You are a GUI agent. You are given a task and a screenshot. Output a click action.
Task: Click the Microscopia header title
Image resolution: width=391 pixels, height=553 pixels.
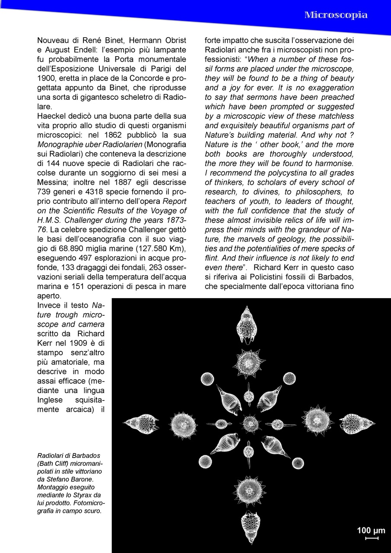coord(336,15)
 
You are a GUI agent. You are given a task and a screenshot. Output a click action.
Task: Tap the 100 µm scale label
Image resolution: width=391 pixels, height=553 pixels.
coord(371,530)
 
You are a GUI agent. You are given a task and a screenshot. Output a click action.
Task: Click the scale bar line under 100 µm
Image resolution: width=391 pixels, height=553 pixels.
coord(372,538)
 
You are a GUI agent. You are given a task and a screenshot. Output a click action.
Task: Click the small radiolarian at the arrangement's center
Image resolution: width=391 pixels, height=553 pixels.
coord(249,423)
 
